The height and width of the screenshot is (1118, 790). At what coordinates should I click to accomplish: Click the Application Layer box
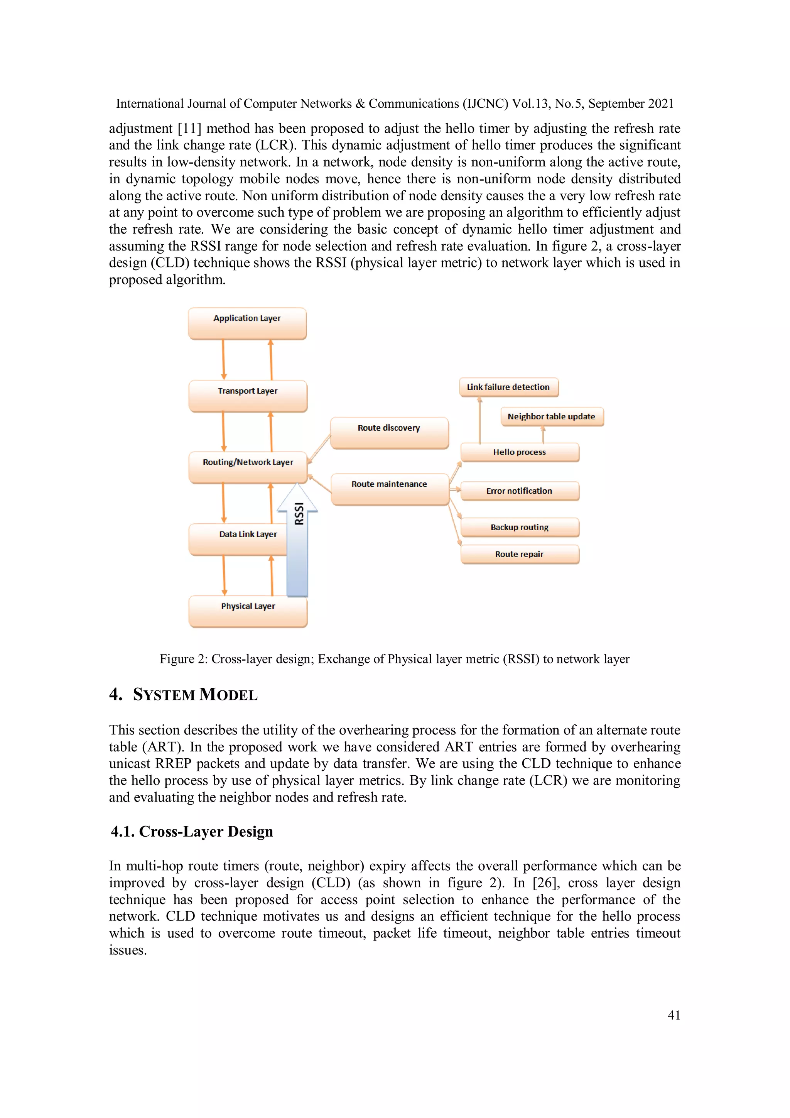click(247, 323)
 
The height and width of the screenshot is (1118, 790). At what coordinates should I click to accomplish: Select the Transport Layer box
click(248, 396)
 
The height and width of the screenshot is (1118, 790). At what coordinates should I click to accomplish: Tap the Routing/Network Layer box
click(248, 467)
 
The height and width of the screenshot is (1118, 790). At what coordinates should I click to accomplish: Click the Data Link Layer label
click(248, 534)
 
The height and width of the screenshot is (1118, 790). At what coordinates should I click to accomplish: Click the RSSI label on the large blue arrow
click(299, 514)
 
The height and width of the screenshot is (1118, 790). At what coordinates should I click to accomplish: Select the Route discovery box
click(389, 432)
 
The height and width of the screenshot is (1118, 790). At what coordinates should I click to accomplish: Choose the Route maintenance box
click(389, 489)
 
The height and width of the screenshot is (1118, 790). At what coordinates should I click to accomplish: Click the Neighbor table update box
click(552, 416)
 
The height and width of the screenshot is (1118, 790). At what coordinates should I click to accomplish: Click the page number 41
click(674, 1015)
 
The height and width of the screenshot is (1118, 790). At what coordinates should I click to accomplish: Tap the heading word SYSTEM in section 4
click(164, 694)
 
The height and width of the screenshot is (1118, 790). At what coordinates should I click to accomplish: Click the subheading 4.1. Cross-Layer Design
click(192, 831)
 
